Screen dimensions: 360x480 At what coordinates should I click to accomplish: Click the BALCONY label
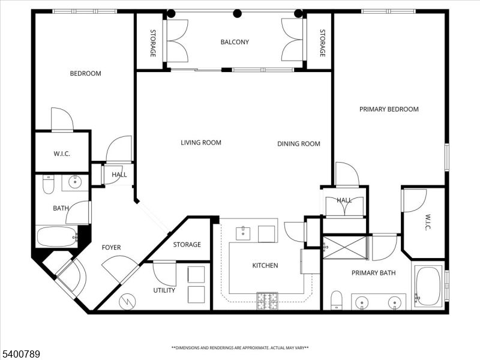coord(235,42)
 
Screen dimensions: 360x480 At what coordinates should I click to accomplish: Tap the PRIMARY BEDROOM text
coord(389,109)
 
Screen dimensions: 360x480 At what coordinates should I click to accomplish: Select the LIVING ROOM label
coord(201,143)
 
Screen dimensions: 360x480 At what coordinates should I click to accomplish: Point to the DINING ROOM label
coord(298,144)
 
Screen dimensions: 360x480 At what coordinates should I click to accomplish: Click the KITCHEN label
coord(265,265)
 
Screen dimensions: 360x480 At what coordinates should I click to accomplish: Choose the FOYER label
coord(111,247)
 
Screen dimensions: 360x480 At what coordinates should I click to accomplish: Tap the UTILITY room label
coord(164,290)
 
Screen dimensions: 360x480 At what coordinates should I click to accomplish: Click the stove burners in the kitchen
coord(268,301)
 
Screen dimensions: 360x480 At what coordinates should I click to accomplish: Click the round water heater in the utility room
coord(127,302)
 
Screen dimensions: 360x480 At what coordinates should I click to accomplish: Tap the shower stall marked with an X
coord(344,247)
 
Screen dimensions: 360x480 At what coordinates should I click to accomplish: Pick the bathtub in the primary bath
coord(428,286)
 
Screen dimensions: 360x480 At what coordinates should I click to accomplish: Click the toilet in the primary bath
coord(337,299)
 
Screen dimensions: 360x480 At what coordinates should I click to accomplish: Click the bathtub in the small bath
coord(56,236)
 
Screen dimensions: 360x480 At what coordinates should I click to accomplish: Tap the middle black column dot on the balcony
coord(238,13)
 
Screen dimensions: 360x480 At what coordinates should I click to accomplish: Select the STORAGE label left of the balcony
coord(152,43)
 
